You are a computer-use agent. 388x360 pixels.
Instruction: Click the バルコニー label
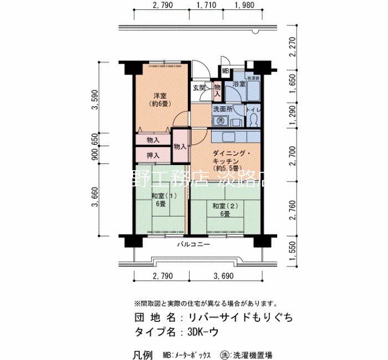[x=193, y=244]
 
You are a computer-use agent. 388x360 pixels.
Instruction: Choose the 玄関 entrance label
[x=200, y=88]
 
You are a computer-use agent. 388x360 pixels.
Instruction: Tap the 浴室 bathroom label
[x=239, y=84]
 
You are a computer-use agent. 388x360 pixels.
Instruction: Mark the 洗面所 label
[x=223, y=109]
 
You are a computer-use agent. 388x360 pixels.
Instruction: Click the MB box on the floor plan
[x=226, y=71]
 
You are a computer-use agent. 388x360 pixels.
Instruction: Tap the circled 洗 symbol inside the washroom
[x=220, y=121]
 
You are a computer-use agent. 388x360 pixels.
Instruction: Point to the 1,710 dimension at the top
[x=206, y=6]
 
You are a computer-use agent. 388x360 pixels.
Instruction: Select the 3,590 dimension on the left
[x=95, y=100]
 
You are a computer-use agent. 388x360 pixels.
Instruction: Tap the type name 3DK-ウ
[x=202, y=332]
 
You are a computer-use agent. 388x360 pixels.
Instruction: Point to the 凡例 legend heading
[x=144, y=354]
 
